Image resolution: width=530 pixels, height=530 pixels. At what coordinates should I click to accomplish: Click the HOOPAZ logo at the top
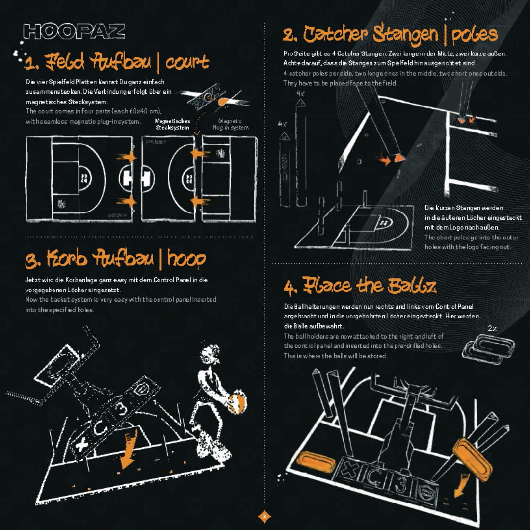coord(74,31)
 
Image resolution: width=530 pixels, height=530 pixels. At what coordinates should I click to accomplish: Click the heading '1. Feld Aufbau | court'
coord(117,62)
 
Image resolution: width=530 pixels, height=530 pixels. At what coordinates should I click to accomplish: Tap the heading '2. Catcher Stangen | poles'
coord(390,35)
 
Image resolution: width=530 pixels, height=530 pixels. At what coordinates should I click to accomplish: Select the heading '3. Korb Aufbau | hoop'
coord(116,259)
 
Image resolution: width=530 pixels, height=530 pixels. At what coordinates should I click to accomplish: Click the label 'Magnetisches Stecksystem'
coord(172,124)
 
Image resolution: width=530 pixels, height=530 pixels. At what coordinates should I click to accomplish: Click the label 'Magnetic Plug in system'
coord(230,124)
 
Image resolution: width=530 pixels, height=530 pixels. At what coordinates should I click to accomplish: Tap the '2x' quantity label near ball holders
coord(492,328)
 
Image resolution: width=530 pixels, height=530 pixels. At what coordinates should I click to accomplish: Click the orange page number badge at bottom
coord(264,516)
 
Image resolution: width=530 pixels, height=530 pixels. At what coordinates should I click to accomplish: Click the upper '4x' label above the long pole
coord(301,93)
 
